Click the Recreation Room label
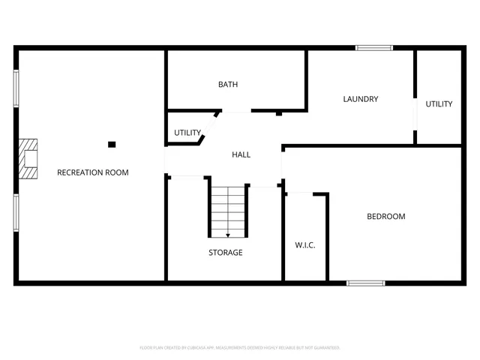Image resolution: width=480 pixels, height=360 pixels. pyautogui.click(x=93, y=172)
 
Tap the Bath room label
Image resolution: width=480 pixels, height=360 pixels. pyautogui.click(x=228, y=85)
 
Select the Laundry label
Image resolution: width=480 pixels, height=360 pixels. pyautogui.click(x=360, y=99)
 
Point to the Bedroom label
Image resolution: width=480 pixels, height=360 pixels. pyautogui.click(x=385, y=217)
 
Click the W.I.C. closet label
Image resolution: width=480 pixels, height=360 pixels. pyautogui.click(x=304, y=244)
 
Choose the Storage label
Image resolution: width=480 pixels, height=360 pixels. pyautogui.click(x=225, y=253)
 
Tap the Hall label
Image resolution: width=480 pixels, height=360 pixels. pyautogui.click(x=241, y=154)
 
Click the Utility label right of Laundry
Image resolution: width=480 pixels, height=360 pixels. pyautogui.click(x=439, y=104)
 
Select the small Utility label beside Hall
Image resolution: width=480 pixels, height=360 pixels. pyautogui.click(x=187, y=133)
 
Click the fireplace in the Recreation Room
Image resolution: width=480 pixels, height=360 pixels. pyautogui.click(x=28, y=159)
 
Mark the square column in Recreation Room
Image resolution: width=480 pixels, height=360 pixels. pyautogui.click(x=112, y=144)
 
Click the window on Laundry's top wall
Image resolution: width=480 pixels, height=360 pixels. pyautogui.click(x=374, y=48)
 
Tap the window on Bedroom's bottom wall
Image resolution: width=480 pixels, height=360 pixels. pyautogui.click(x=366, y=283)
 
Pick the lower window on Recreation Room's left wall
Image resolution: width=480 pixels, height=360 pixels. pyautogui.click(x=16, y=214)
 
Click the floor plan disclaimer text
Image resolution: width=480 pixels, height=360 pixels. pyautogui.click(x=240, y=348)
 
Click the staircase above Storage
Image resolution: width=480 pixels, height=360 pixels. pyautogui.click(x=228, y=210)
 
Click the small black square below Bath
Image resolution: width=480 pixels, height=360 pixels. pyautogui.click(x=278, y=114)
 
